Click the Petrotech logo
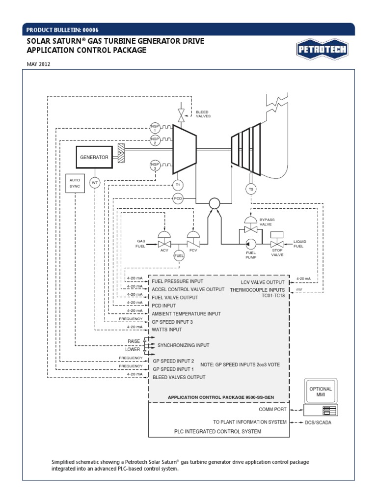(x=321, y=49)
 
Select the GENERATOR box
(x=94, y=157)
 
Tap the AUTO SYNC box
(x=75, y=183)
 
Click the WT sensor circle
(x=95, y=183)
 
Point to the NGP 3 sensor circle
(x=155, y=165)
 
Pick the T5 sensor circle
(x=251, y=189)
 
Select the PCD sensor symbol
(x=178, y=198)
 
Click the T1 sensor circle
(x=178, y=185)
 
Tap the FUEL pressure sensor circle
(x=179, y=255)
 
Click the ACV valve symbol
(x=164, y=240)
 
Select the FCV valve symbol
(x=192, y=240)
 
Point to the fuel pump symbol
(x=251, y=243)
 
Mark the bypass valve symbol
(x=251, y=227)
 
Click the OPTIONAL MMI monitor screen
(x=321, y=392)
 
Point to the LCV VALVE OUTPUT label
(x=263, y=282)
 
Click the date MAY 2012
(x=38, y=64)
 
